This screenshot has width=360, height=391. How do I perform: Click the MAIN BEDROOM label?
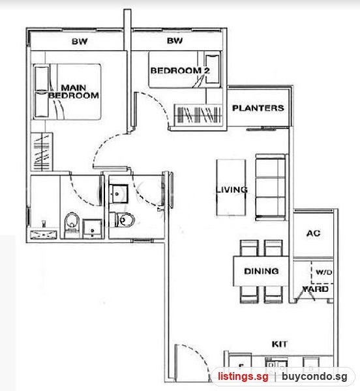[x=74, y=91]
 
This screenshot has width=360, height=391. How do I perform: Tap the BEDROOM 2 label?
[x=180, y=70]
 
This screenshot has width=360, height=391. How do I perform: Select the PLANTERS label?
[x=258, y=108]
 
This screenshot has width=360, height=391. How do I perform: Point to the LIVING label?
[x=232, y=190]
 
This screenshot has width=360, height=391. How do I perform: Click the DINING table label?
[x=262, y=271]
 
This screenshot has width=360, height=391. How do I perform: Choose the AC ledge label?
[x=313, y=233]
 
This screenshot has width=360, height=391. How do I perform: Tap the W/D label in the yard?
[x=323, y=272]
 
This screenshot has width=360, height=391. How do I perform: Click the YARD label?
[x=316, y=289]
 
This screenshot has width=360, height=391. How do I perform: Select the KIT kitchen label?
[x=279, y=344]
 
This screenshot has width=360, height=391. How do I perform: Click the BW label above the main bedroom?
[x=80, y=41]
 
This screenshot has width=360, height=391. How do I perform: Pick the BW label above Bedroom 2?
[x=175, y=40]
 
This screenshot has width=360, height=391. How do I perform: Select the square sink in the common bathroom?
[x=119, y=194]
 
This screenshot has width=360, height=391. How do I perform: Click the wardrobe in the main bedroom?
[x=42, y=152]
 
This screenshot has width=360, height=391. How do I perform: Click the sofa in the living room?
[x=271, y=187]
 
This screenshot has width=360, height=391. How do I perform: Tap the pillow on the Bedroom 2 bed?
[x=213, y=69]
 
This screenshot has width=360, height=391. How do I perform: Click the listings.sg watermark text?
[x=243, y=377]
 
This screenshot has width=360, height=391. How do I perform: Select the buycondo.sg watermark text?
[x=314, y=377]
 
